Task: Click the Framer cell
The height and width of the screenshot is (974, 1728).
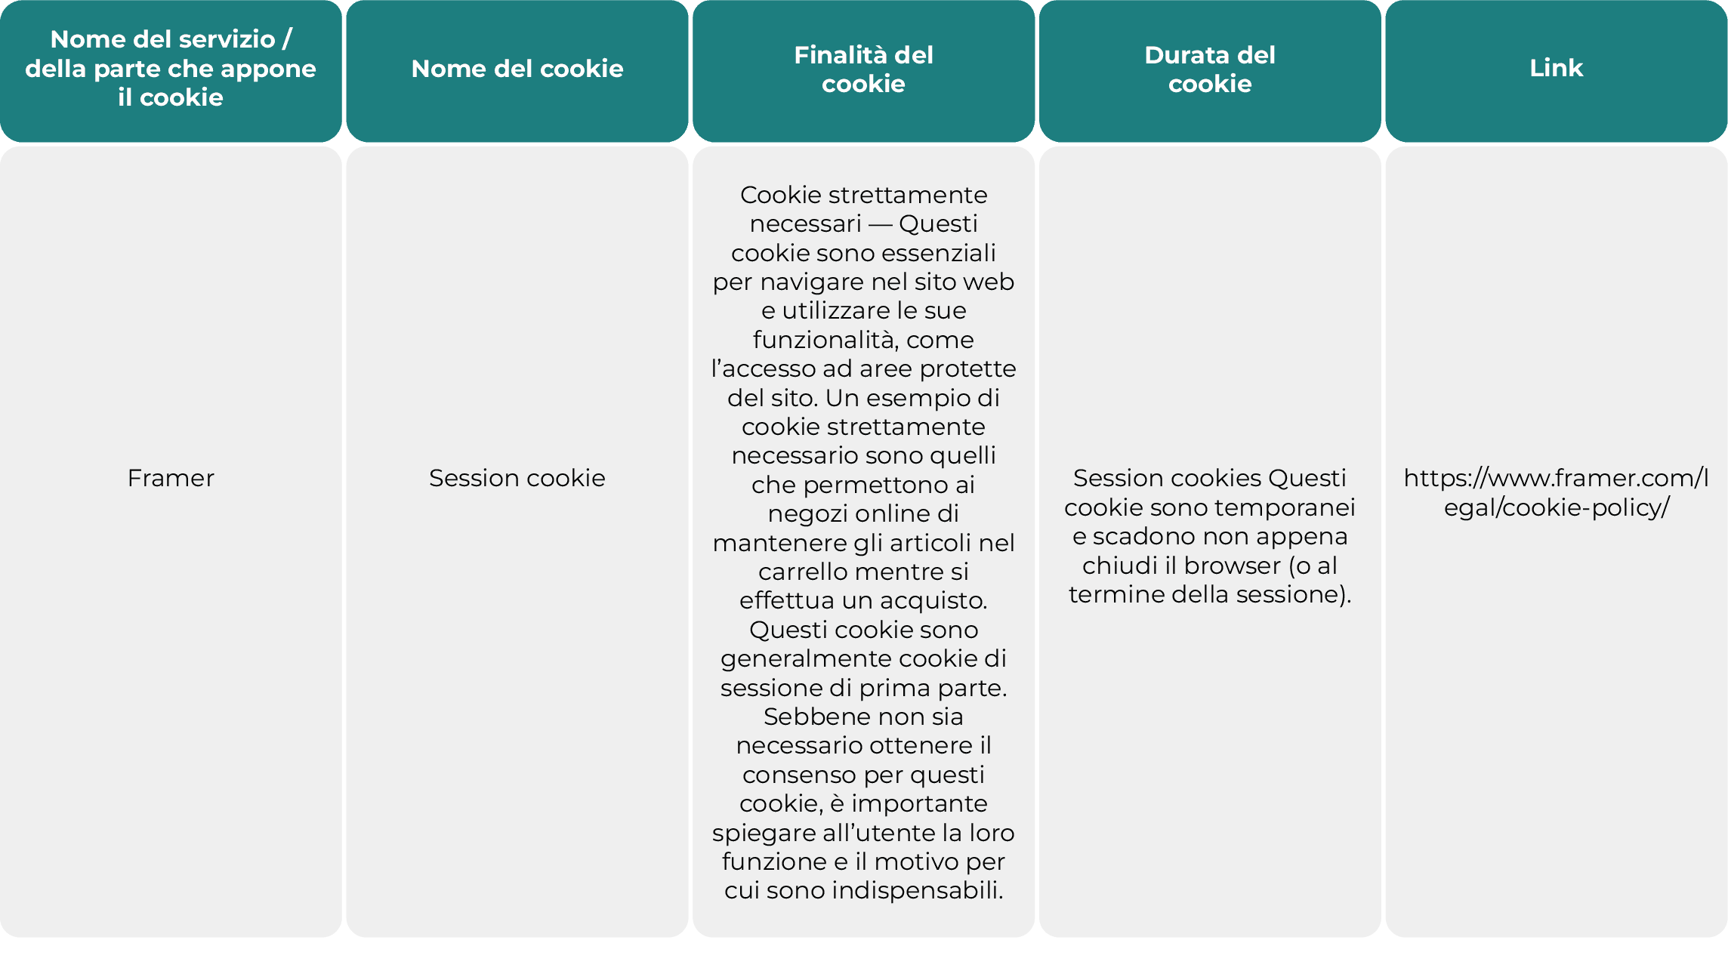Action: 171,478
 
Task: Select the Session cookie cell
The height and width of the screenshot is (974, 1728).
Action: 517,478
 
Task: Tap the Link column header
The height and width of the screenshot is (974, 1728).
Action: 1556,68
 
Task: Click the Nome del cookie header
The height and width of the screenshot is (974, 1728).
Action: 517,69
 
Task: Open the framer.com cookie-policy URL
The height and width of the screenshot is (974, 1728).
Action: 1556,492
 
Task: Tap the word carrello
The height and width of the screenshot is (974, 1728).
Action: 804,572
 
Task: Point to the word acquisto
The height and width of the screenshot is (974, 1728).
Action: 933,600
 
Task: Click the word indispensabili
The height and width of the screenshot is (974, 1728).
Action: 917,890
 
